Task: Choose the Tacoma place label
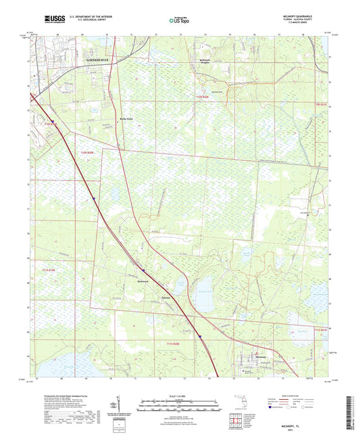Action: tap(166, 286)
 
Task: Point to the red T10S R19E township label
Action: tap(49, 123)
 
